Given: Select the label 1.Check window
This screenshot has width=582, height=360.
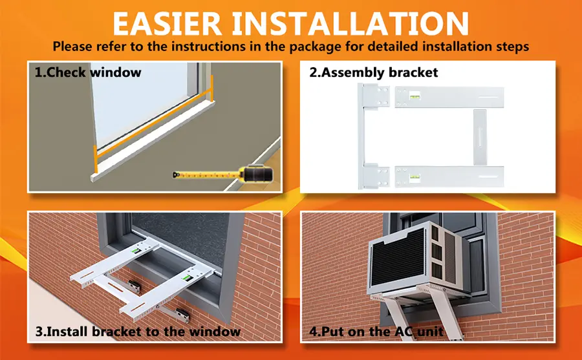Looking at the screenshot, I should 88,72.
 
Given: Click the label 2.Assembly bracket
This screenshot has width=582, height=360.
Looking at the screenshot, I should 373,72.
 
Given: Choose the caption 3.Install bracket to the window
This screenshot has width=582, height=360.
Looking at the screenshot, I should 138,332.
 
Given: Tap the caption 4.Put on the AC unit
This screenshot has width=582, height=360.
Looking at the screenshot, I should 376,332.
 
